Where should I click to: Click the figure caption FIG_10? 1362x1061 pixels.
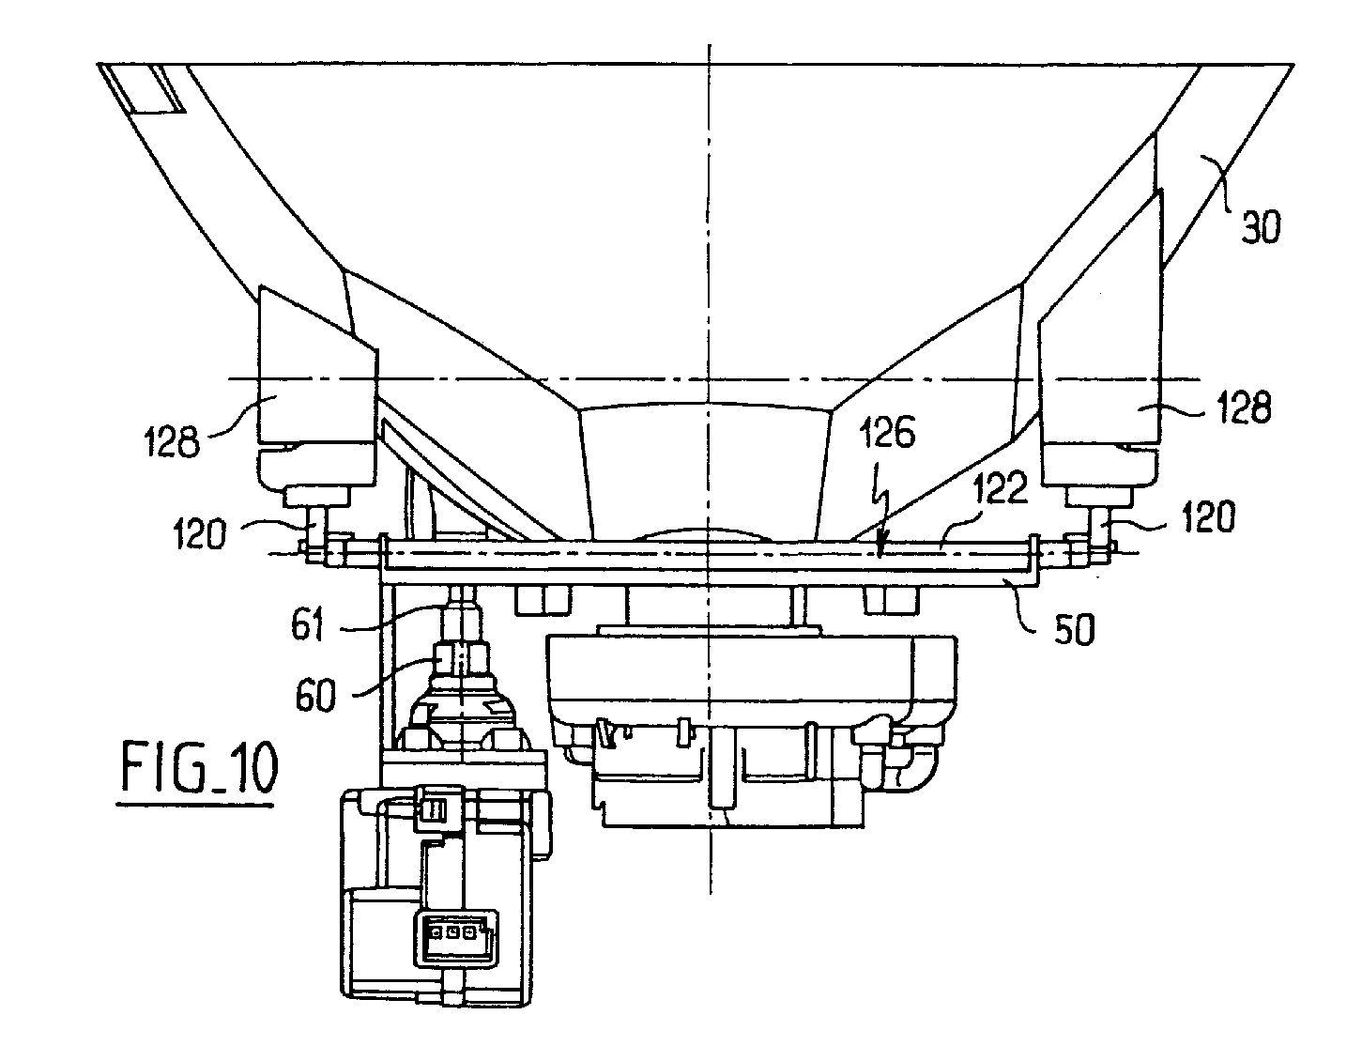pyautogui.click(x=198, y=770)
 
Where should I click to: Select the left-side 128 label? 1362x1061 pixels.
pyautogui.click(x=173, y=439)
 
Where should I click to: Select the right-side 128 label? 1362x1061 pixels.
pyautogui.click(x=1244, y=408)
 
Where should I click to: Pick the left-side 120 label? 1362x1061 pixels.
pyautogui.click(x=198, y=534)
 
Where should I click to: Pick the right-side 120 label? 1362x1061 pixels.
pyautogui.click(x=1208, y=516)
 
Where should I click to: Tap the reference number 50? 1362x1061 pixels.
pyautogui.click(x=1068, y=630)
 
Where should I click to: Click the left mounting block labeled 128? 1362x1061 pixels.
pyautogui.click(x=316, y=376)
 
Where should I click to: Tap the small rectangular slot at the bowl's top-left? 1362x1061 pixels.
pyautogui.click(x=152, y=91)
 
